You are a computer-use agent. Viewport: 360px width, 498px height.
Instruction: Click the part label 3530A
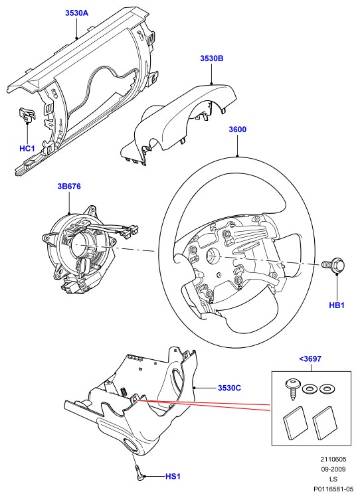click(76, 13)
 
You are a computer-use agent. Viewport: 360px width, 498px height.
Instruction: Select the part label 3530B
click(212, 58)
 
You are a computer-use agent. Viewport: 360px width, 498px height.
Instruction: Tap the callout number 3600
click(237, 129)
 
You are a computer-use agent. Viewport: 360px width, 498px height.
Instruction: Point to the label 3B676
click(69, 187)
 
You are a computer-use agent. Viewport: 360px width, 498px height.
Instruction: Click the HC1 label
click(27, 148)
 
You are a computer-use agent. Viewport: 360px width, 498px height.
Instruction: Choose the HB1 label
click(337, 305)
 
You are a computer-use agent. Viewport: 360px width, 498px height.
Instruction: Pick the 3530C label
click(229, 388)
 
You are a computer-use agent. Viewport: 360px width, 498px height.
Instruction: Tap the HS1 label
click(173, 476)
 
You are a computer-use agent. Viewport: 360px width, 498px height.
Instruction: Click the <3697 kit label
click(310, 359)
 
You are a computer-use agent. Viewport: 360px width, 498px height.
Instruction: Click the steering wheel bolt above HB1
click(333, 266)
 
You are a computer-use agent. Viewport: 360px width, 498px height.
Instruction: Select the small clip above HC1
click(27, 114)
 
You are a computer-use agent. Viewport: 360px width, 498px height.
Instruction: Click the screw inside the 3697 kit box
click(292, 388)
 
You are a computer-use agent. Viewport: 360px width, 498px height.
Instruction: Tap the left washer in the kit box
click(308, 388)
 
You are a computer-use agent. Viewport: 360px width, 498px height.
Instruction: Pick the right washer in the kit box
click(325, 388)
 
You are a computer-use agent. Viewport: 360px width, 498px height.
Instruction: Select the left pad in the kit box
click(296, 423)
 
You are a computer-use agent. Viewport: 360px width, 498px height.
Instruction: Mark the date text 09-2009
click(333, 469)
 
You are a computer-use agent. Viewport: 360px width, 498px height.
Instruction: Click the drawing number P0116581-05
click(333, 489)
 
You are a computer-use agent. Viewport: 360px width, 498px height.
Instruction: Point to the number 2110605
click(333, 459)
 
